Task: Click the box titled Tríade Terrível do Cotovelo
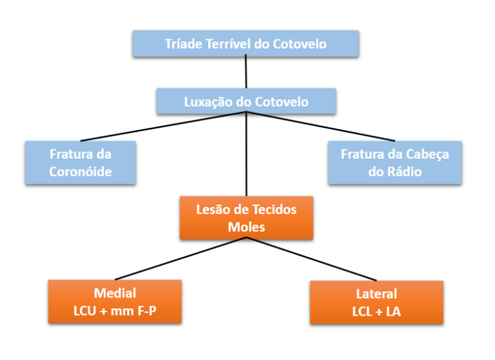pos(246,44)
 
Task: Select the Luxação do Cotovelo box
pos(246,102)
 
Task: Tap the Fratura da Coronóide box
pos(81,163)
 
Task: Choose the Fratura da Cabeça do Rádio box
pos(394,163)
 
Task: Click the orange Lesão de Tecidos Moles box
pos(246,218)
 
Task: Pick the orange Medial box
pos(115,301)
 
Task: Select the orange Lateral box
pos(376,302)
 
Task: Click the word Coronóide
pos(81,172)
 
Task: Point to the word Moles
pos(246,227)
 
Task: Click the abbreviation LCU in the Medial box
pos(86,310)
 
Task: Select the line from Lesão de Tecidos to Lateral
pos(313,260)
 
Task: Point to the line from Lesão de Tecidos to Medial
pos(180,259)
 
